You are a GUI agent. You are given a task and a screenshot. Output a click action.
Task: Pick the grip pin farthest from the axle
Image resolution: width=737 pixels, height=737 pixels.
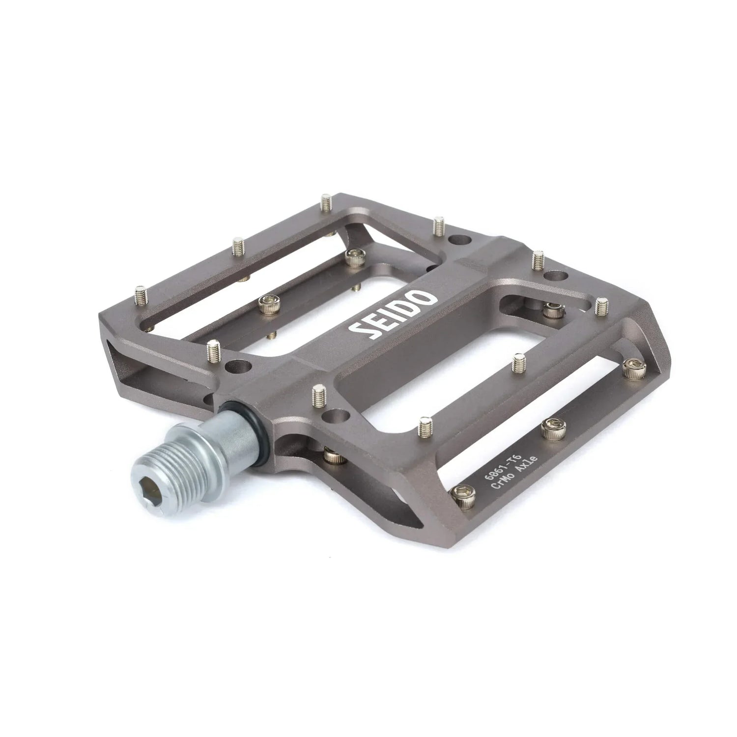pos(600,306)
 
